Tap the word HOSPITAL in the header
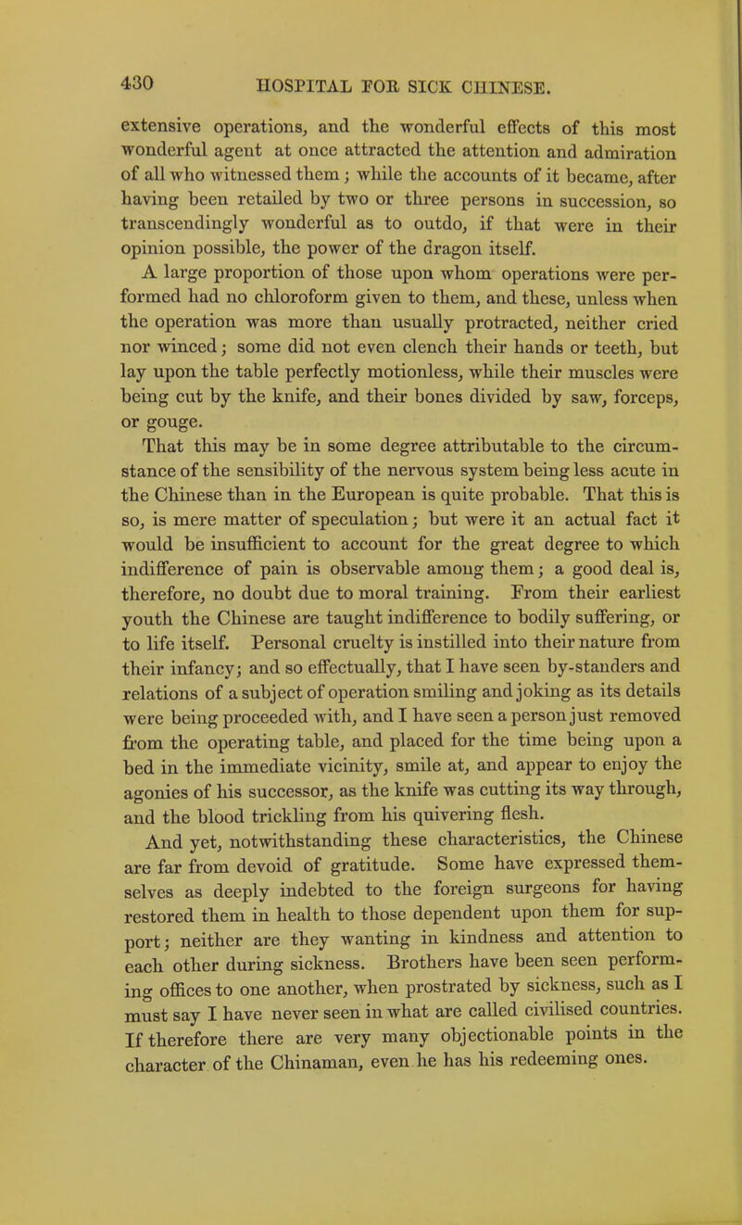click(285, 85)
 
